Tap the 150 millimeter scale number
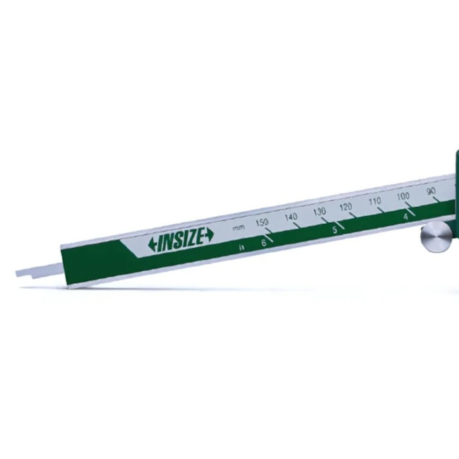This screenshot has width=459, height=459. (x=262, y=222)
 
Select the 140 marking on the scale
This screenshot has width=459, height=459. (x=291, y=217)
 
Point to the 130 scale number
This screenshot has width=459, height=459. (x=319, y=211)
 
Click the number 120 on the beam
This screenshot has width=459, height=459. (x=346, y=207)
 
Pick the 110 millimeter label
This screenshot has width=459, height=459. (x=375, y=201)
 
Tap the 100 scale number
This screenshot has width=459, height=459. (x=403, y=196)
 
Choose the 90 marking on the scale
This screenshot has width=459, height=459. (x=431, y=191)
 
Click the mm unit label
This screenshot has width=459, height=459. (x=238, y=227)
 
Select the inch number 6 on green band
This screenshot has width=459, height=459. (x=264, y=243)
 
